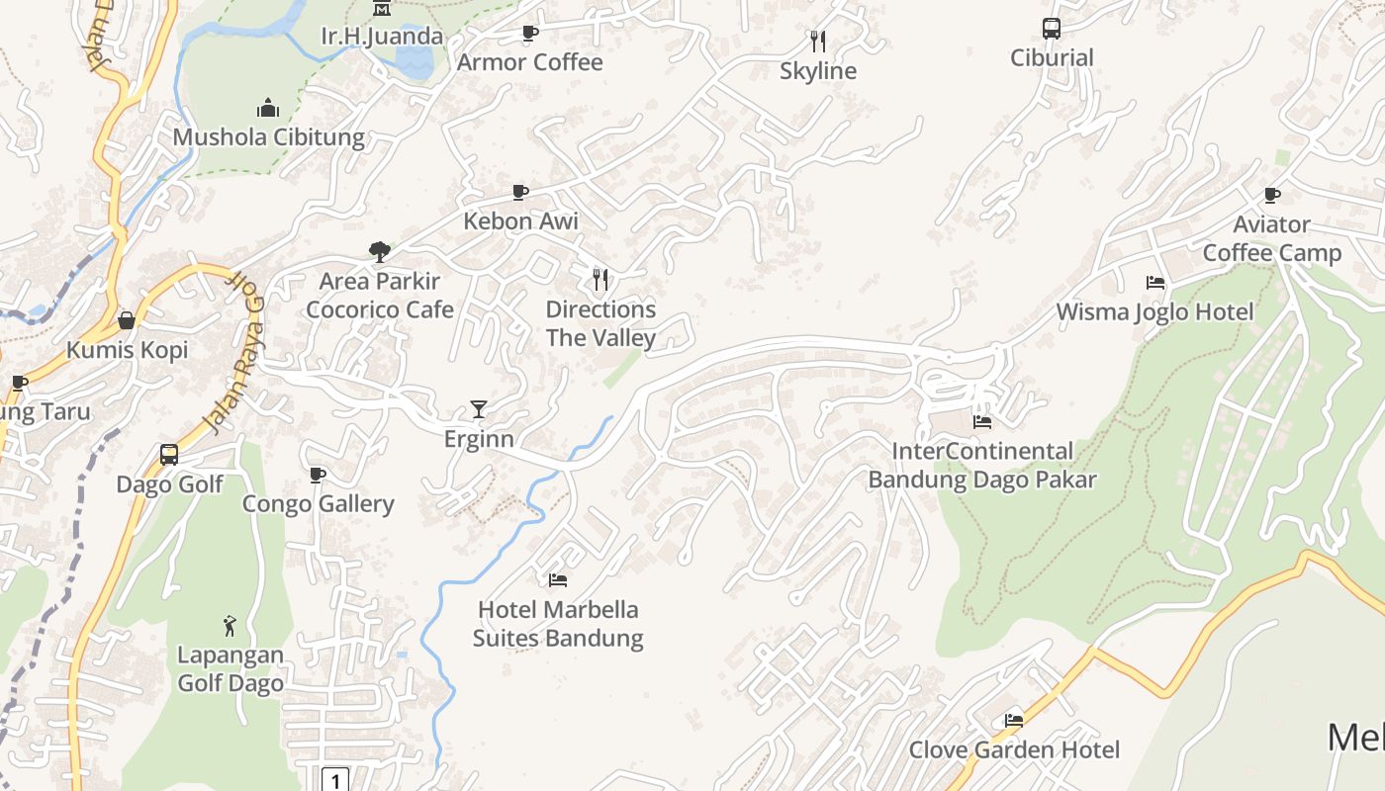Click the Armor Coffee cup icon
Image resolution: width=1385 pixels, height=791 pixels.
[529, 33]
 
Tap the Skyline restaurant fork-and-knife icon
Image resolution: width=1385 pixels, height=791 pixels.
[817, 41]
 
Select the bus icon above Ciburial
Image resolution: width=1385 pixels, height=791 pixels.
[1051, 29]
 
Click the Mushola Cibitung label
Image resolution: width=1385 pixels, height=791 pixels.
[268, 137]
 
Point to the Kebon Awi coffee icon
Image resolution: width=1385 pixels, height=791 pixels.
[520, 192]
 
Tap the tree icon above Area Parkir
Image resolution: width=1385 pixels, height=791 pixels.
[379, 252]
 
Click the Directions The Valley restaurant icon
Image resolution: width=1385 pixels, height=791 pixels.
[600, 280]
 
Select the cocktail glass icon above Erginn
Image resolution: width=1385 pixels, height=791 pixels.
[479, 409]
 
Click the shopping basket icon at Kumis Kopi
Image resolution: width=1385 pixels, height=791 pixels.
[127, 320]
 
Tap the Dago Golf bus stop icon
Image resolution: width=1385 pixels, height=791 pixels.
[169, 455]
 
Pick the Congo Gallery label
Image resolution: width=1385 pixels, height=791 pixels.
[319, 504]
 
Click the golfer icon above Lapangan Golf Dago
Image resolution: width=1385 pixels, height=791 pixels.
[230, 626]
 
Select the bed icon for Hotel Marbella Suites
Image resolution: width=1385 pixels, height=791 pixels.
[558, 579]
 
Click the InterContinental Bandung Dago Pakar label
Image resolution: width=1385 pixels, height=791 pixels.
[982, 466]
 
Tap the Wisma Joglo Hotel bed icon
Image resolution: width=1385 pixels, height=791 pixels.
[1154, 283]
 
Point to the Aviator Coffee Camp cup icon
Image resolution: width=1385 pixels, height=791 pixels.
[1271, 195]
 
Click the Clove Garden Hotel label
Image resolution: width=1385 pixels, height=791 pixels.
[1014, 750]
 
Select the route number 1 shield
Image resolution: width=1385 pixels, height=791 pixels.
[336, 781]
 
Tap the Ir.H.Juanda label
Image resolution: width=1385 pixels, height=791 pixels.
[382, 37]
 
